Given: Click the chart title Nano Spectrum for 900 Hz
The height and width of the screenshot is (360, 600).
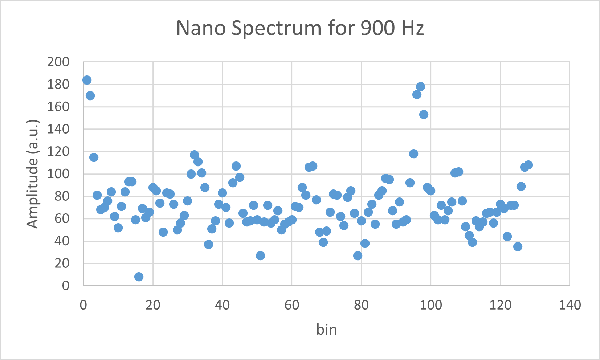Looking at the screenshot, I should click(x=300, y=28).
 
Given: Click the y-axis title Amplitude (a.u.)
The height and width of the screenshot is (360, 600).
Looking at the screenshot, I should click(x=33, y=173).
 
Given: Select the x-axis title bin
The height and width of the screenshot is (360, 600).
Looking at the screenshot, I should click(x=327, y=330).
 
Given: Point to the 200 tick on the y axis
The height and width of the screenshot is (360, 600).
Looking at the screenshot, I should click(x=58, y=62).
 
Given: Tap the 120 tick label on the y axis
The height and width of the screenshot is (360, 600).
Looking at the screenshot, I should click(x=58, y=151).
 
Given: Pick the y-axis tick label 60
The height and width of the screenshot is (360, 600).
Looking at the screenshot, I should click(x=62, y=218).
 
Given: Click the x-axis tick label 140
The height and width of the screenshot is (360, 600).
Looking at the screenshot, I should click(x=570, y=305).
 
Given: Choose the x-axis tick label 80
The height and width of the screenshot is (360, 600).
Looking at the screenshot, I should click(x=361, y=305).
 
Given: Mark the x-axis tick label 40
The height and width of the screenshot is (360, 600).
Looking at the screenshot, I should click(x=222, y=305).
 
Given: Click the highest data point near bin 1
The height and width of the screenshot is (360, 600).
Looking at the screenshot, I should click(x=87, y=80).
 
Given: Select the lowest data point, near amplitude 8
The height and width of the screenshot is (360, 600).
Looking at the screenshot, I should click(x=139, y=277).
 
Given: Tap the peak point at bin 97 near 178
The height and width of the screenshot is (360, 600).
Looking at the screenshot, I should click(x=420, y=86).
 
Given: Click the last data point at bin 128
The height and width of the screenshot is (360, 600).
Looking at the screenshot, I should click(x=528, y=165).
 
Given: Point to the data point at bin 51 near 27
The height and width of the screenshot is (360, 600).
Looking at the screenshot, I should click(x=260, y=255).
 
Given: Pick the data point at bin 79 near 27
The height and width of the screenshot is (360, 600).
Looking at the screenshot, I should click(x=358, y=255).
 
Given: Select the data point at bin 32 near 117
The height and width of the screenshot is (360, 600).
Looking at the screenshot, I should click(x=194, y=155).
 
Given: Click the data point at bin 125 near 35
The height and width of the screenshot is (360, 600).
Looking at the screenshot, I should click(x=518, y=246).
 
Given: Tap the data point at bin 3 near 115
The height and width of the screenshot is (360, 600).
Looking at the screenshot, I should click(x=94, y=157).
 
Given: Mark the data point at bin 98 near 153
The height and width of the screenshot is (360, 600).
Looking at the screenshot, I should click(x=424, y=114).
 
